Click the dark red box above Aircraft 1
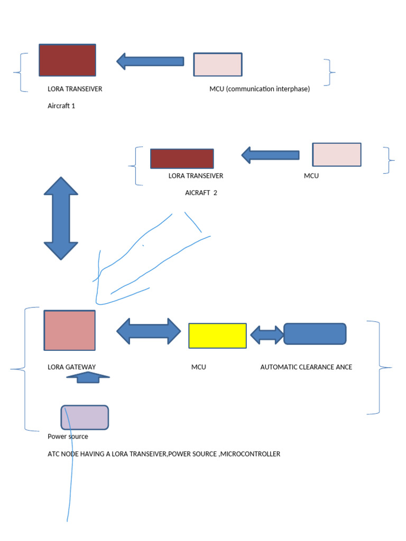(67, 60)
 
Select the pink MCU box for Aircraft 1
(217, 64)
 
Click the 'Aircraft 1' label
(61, 106)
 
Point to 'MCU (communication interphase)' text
(260, 89)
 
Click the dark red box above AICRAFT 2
(182, 158)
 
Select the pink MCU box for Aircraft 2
(337, 154)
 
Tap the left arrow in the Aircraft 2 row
(270, 155)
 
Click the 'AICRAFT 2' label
(201, 193)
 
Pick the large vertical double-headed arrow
(61, 218)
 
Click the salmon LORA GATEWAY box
(69, 330)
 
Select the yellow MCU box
(217, 335)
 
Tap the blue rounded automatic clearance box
(315, 334)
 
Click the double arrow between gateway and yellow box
(149, 331)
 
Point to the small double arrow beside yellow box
(266, 334)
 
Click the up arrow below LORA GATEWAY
(88, 377)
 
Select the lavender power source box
(85, 417)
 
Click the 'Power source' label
(68, 437)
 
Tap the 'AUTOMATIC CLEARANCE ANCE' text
(306, 367)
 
